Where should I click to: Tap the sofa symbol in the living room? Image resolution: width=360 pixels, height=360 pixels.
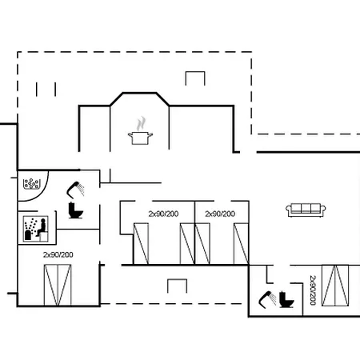(x=306, y=210)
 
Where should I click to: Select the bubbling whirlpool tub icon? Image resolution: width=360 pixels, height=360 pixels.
(x=31, y=184)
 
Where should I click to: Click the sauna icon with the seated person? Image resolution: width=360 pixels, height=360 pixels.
(x=36, y=229)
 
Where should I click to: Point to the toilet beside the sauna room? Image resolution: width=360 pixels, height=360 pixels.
(x=76, y=210)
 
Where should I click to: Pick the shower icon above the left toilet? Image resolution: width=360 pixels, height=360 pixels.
(x=75, y=190)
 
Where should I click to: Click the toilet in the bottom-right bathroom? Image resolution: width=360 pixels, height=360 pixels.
(x=286, y=300)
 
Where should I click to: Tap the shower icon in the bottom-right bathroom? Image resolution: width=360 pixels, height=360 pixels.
(x=267, y=300)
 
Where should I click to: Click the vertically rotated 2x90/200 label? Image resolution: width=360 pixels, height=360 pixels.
(x=313, y=290)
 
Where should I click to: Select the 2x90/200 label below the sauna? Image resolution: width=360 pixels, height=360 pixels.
(x=58, y=254)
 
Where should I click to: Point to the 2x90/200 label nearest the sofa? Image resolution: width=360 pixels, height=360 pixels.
(x=220, y=214)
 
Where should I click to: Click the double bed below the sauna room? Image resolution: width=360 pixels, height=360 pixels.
(x=58, y=285)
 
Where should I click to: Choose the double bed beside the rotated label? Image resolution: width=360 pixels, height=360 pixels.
(x=335, y=286)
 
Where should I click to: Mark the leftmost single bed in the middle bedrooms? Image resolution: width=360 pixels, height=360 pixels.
(x=141, y=244)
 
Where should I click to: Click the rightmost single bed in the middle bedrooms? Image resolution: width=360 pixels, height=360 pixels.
(x=241, y=244)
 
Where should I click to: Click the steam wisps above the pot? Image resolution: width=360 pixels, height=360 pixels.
(x=141, y=123)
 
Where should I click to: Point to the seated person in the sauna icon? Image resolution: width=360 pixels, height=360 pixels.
(x=42, y=227)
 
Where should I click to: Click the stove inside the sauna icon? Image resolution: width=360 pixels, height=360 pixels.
(x=28, y=235)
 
